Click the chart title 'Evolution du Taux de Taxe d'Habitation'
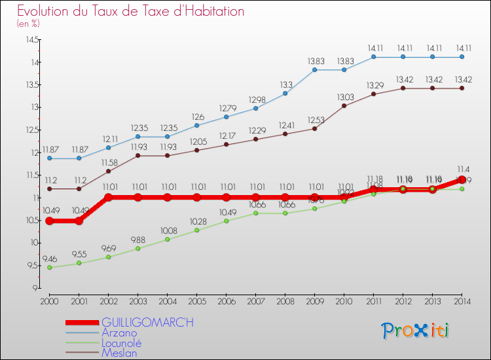131,12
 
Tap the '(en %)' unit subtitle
28,24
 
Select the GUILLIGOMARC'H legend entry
147,323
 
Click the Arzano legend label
119,333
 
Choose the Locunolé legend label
122,343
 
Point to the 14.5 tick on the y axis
31,40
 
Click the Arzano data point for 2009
314,69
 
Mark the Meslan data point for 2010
344,105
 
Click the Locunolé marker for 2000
49,267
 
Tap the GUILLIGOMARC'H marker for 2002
109,197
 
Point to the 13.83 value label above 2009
314,61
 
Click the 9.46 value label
49,259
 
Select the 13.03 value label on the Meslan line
344,97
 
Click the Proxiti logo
416,330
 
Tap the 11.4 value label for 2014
462,170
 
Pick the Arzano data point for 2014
462,57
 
